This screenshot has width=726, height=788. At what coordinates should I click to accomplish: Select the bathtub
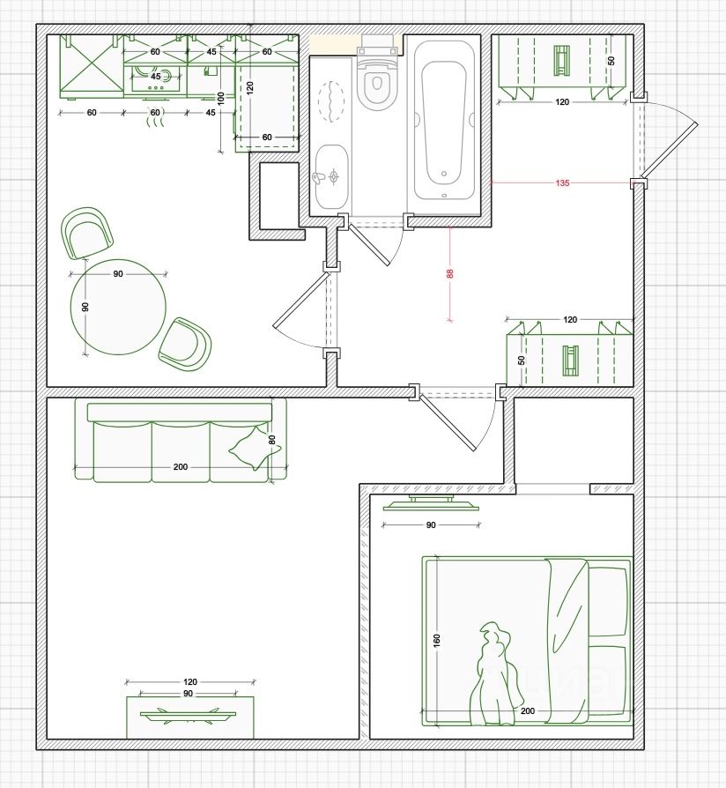(x=444, y=121)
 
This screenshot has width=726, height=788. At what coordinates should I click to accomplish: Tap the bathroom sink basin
(x=331, y=177)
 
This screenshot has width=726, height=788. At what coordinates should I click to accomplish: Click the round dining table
(x=118, y=307)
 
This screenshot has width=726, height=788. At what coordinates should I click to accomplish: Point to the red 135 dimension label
(x=563, y=183)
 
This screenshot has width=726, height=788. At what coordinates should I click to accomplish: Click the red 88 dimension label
(x=450, y=273)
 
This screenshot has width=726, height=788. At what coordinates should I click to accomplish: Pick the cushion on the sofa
(x=255, y=447)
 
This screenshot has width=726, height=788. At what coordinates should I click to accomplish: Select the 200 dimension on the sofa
(x=181, y=467)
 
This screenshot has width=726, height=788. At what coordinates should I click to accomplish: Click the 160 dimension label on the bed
(x=437, y=640)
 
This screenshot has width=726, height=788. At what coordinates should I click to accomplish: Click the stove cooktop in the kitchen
(x=155, y=80)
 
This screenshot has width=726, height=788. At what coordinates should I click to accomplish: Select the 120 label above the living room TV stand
(x=190, y=682)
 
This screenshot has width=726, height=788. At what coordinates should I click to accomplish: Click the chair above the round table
(x=86, y=234)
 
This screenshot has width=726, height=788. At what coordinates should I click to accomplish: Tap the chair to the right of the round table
(x=185, y=345)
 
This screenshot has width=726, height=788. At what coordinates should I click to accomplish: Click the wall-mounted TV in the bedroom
(x=431, y=503)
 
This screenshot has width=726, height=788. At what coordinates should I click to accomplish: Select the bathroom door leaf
(x=369, y=245)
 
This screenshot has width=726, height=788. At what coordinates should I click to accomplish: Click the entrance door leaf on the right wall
(x=670, y=149)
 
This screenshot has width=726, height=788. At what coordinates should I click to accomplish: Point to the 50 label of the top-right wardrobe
(x=611, y=60)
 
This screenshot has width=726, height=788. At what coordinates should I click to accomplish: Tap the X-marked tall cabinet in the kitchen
(x=92, y=67)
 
